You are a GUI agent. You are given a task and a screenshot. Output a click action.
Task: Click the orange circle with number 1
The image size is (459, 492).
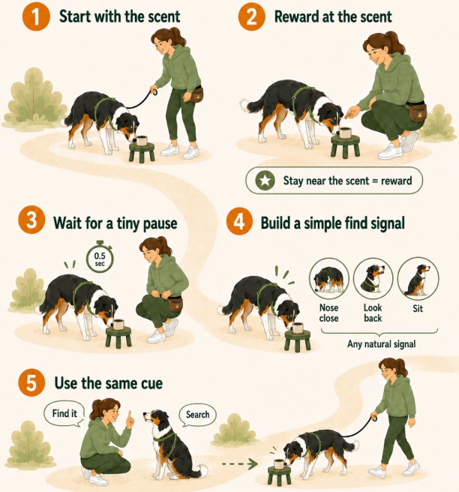pos(36,17)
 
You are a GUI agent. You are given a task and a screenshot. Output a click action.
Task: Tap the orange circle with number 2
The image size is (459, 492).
pos(251,17)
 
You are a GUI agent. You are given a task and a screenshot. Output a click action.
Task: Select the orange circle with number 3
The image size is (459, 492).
pos(31,220)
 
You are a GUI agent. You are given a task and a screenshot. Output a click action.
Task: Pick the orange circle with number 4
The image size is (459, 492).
pos(239,221)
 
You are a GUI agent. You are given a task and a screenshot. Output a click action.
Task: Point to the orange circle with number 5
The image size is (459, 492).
pos(31,382)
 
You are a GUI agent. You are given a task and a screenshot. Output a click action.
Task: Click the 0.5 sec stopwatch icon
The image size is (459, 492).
pos(100,258)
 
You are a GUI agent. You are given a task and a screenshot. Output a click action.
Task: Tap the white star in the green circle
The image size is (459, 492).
pos(265,181)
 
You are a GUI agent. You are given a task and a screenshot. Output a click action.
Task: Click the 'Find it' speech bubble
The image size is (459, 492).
pos(64,415)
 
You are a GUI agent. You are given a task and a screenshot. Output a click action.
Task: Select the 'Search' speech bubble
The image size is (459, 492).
pos(197,415)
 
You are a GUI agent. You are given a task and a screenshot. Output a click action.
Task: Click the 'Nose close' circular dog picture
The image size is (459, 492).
pos(328,278)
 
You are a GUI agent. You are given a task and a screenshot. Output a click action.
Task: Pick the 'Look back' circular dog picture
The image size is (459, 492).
pos(373,278)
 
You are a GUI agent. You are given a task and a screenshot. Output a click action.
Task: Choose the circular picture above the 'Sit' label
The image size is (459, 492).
pos(418,277)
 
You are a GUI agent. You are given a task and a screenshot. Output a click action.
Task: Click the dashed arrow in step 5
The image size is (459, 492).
pos(239,463)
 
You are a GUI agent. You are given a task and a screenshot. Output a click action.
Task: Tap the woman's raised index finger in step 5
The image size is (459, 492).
pos(129,415)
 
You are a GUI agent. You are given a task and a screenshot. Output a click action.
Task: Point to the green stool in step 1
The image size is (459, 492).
pos(142,152)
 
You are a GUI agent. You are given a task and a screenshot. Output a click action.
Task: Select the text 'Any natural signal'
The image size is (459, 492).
pos(381,344)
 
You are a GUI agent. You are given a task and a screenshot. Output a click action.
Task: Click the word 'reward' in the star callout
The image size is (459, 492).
pos(396,181)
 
